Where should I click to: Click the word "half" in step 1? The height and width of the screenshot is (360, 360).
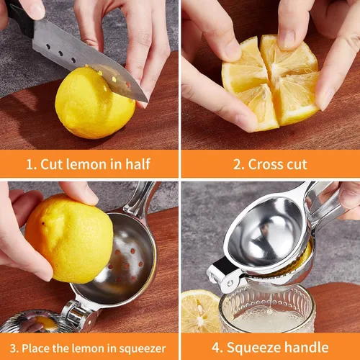click(138, 164)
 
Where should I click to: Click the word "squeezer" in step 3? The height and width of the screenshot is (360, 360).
click(143, 349)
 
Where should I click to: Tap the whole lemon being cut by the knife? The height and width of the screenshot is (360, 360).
click(95, 103)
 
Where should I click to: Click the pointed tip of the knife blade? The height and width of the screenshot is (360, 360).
click(148, 102)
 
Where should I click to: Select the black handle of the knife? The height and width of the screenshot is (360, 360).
click(19, 17)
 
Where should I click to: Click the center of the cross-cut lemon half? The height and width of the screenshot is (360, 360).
click(271, 81)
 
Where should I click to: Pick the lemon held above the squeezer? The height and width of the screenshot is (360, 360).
click(69, 238)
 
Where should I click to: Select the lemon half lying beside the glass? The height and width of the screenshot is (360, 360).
click(200, 312)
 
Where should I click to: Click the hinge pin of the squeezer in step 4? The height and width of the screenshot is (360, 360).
click(230, 283)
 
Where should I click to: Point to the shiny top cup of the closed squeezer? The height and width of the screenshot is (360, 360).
click(266, 233)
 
